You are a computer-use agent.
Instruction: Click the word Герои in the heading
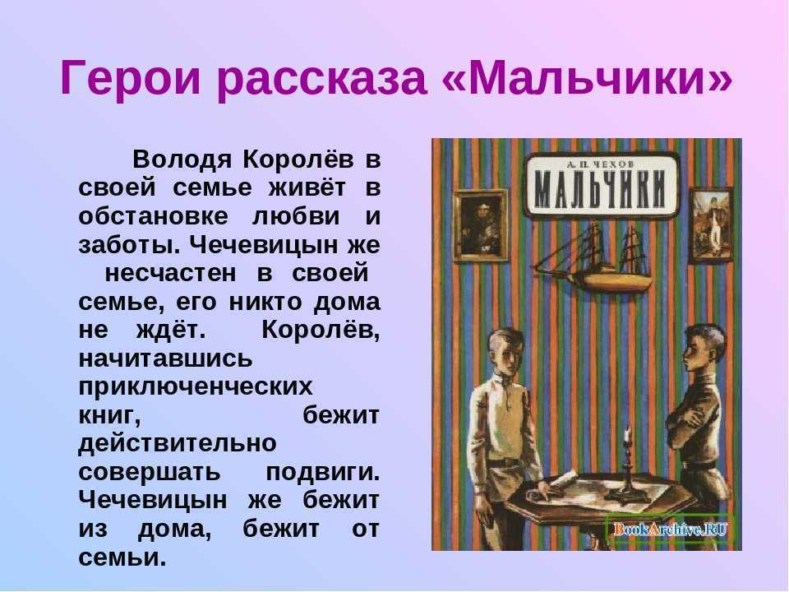pyautogui.click(x=130, y=79)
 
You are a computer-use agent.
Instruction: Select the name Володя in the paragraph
pyautogui.click(x=182, y=160)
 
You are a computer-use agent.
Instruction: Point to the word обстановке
pyautogui.click(x=153, y=216)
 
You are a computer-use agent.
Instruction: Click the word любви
pyautogui.click(x=296, y=216)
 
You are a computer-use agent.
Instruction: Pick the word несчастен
pyautogui.click(x=170, y=273)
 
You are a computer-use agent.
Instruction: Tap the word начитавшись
pyautogui.click(x=165, y=359)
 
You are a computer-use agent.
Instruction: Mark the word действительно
pyautogui.click(x=178, y=444)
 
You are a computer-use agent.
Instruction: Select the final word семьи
pyautogui.click(x=122, y=557)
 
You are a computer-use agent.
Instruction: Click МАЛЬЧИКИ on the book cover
pyautogui.click(x=600, y=190)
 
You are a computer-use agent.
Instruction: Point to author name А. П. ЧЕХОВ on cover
pyautogui.click(x=600, y=164)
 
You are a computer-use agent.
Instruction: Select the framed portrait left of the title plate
pyautogui.click(x=481, y=225)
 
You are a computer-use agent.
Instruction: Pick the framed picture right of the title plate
pyautogui.click(x=710, y=225)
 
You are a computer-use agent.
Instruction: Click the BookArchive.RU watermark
pyautogui.click(x=671, y=530)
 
